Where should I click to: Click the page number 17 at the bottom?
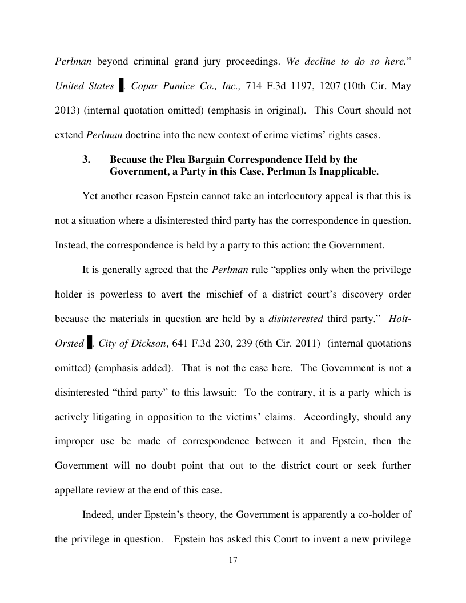[233, 560]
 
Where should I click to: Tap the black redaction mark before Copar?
[121, 86]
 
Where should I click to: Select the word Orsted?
[69, 344]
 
